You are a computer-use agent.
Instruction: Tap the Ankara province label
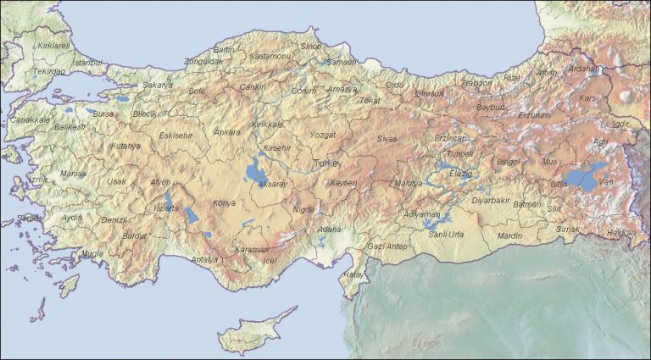click(226, 132)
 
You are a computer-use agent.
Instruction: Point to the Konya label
click(224, 203)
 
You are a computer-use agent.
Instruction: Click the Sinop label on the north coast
click(312, 46)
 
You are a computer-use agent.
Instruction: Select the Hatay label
click(352, 274)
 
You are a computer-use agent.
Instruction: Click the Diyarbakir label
click(491, 201)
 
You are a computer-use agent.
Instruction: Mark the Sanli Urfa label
click(447, 233)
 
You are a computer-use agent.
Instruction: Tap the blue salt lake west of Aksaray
click(253, 174)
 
